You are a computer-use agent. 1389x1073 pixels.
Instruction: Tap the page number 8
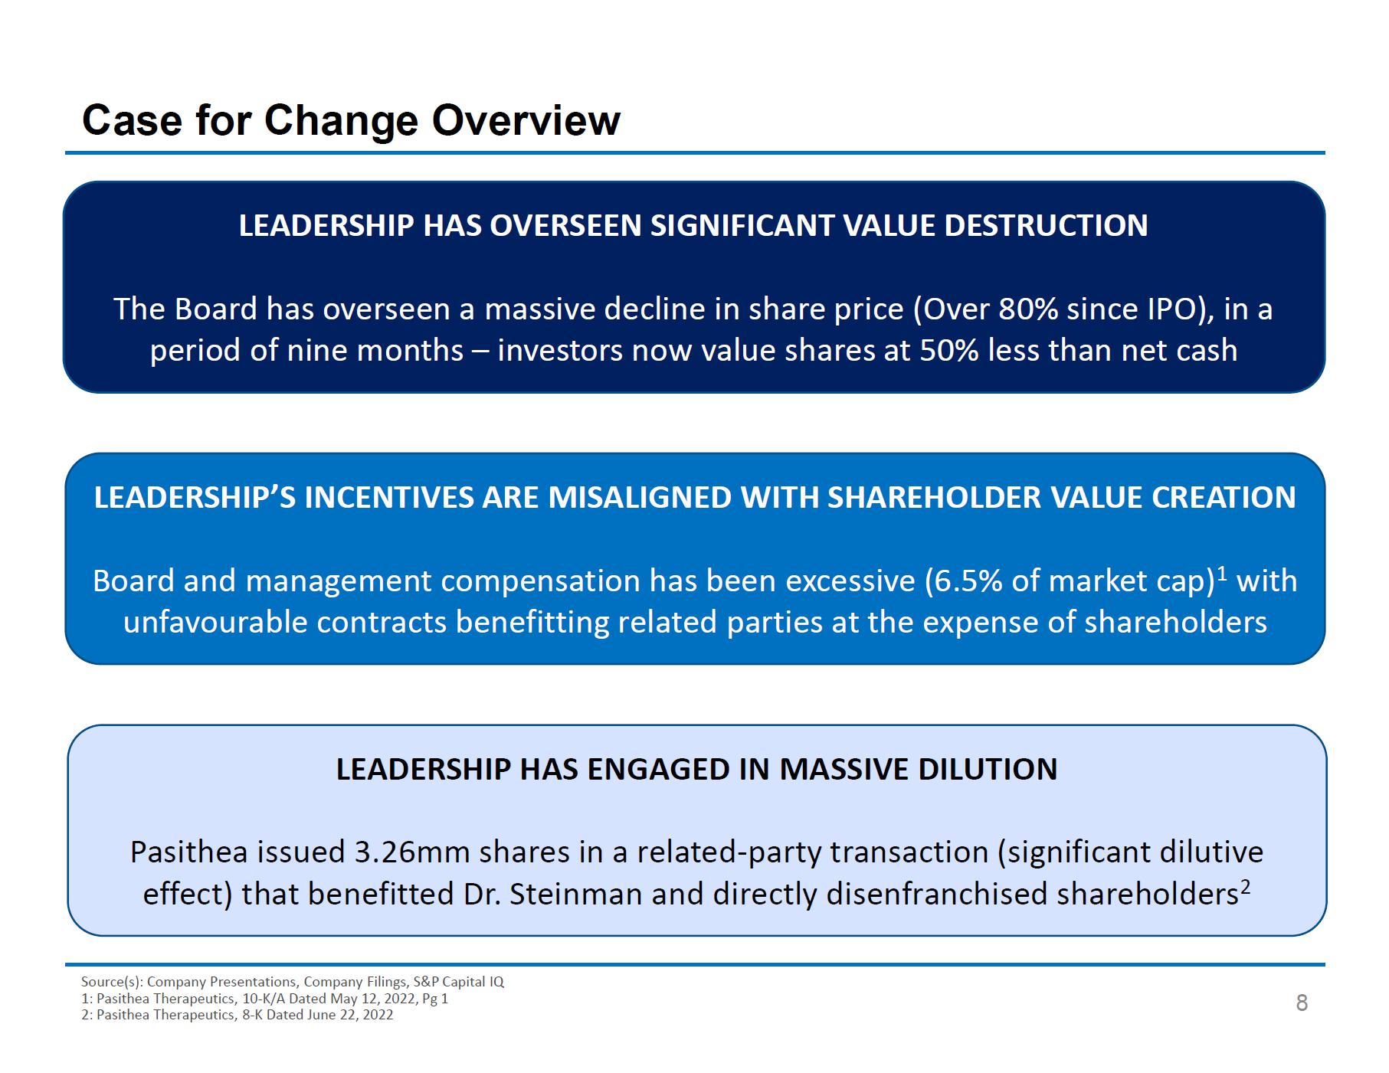1302,1003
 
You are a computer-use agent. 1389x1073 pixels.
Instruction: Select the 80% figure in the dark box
1028,309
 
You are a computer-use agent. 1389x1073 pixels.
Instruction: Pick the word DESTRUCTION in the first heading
1046,226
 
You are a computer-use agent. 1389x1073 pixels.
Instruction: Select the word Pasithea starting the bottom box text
188,852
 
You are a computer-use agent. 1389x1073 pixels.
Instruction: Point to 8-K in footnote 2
252,1015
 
